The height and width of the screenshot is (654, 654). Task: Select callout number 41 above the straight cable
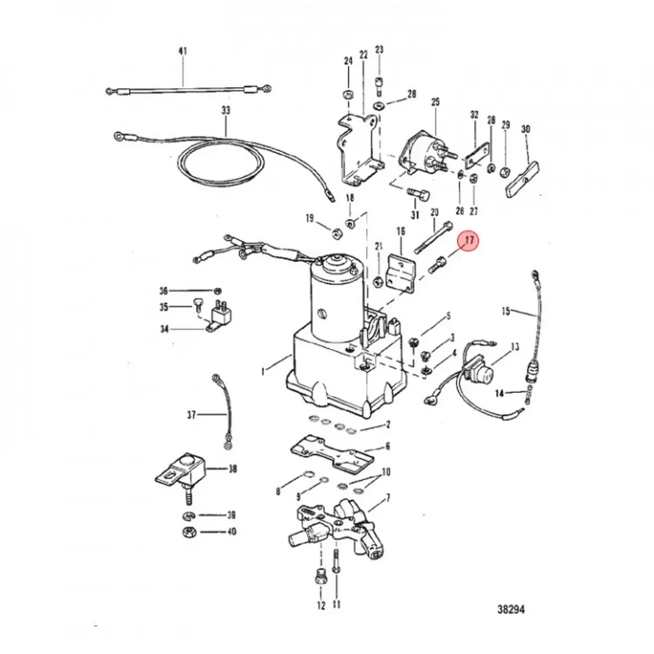(183, 52)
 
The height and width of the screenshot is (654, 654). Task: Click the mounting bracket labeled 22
(357, 147)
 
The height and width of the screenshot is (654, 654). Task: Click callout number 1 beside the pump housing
(263, 372)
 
